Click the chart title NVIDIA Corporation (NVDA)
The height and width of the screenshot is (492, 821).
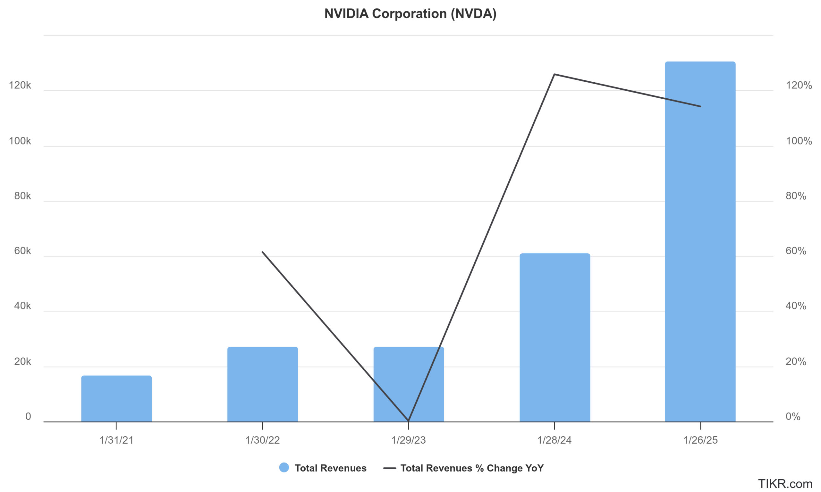[x=410, y=13]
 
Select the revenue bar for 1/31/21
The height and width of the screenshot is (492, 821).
[x=116, y=398]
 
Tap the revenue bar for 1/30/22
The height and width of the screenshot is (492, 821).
[x=262, y=384]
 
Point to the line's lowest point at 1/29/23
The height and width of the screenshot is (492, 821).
[x=408, y=421]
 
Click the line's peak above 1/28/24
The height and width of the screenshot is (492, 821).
[x=554, y=74]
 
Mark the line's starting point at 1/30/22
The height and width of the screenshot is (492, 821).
[x=262, y=252]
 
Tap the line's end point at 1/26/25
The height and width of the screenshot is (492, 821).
[x=700, y=106]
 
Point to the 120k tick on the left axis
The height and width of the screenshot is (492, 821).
[x=20, y=85]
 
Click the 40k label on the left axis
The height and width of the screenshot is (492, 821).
[x=22, y=305]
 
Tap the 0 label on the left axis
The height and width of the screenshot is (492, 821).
[x=28, y=416]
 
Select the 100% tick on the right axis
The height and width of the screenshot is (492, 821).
[x=799, y=141]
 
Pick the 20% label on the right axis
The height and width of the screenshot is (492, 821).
[x=796, y=361]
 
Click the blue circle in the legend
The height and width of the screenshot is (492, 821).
[x=284, y=467]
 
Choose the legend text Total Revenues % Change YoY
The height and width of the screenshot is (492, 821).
[x=472, y=468]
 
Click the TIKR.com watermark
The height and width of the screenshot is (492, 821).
[x=785, y=483]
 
